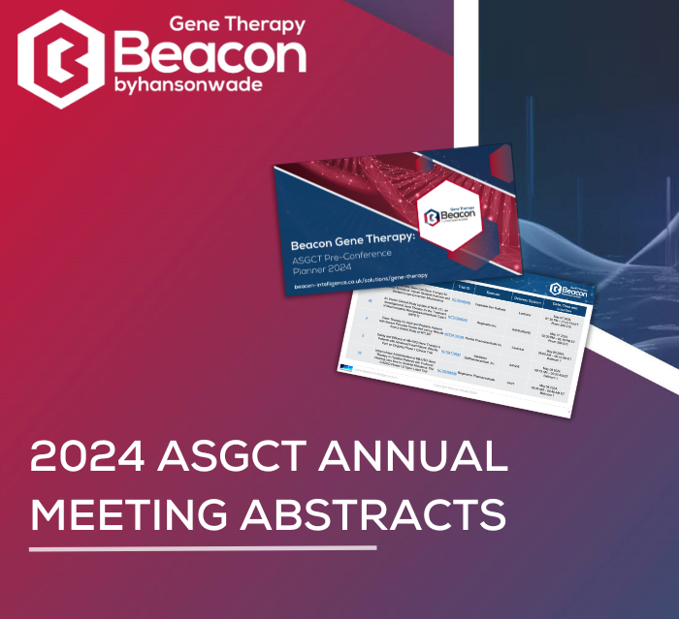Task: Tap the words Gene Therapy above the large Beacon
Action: (x=238, y=24)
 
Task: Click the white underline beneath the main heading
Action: (x=203, y=549)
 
